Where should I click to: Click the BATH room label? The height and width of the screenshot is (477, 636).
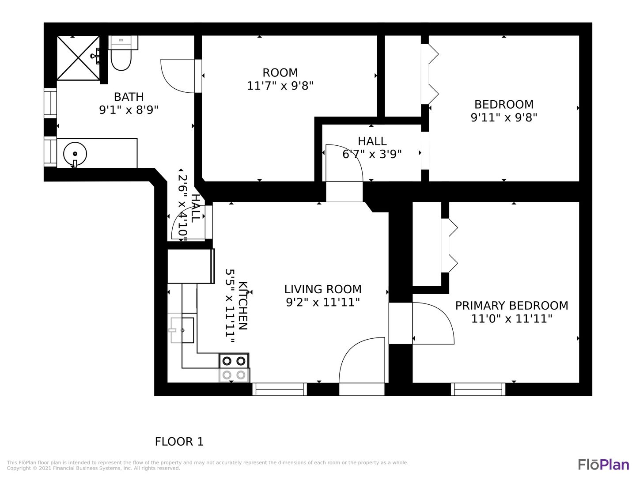pos(129,97)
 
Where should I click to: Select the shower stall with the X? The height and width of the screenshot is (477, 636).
pos(78,58)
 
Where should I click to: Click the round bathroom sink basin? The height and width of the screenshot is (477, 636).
pos(75,154)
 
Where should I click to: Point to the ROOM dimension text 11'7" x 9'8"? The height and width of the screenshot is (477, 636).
pos(280,86)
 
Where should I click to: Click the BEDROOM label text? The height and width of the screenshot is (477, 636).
pos(504,104)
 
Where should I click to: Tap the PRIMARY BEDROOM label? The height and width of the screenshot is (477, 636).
pos(512,306)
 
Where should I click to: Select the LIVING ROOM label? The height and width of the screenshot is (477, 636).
pos(323,289)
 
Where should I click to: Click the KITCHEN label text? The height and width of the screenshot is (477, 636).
pos(243,306)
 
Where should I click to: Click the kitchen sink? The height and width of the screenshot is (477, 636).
pos(182,330)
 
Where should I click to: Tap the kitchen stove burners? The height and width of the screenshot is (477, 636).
pos(234,368)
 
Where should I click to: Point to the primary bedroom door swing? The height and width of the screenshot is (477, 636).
pos(433,323)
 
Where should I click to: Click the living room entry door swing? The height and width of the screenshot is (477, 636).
pos(362,360)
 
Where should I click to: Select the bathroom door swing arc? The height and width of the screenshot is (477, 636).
pos(177,76)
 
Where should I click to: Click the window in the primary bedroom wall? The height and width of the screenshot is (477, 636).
pos(478,389)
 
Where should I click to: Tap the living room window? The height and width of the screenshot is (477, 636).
pos(280,389)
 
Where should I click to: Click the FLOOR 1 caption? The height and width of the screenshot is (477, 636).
pos(179,442)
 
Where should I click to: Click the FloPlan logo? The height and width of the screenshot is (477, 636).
pos(604,465)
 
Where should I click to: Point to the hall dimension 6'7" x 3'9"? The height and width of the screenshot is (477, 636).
pos(372,154)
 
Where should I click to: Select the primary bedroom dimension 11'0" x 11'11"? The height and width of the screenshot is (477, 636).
pos(512,319)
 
